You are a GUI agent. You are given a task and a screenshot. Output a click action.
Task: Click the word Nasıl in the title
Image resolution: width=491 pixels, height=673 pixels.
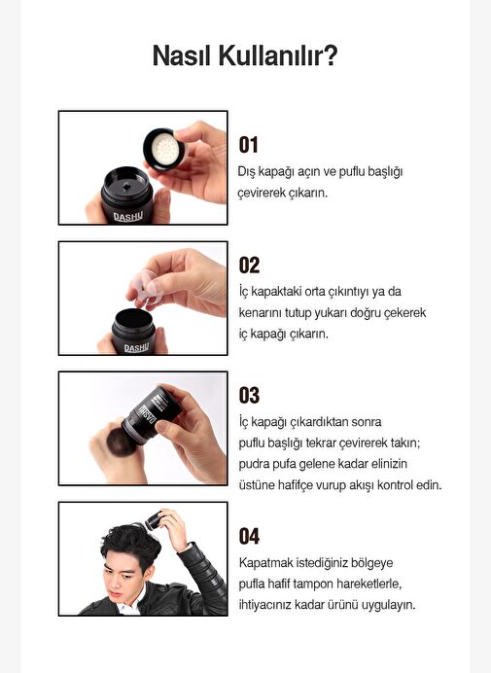pos(182,55)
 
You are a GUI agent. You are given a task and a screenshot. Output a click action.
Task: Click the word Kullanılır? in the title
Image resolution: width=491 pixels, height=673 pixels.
pos(278,55)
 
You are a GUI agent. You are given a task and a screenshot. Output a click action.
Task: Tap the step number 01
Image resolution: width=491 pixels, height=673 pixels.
pos(249,145)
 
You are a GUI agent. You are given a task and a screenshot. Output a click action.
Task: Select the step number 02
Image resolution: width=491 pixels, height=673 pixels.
pos(249,266)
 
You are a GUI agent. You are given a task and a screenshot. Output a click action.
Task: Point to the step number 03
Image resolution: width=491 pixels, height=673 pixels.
pos(249,395)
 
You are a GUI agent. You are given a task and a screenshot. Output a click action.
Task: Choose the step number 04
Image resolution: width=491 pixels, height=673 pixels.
pos(249,536)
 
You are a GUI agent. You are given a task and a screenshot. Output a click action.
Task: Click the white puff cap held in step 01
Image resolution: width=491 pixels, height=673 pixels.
pos(164,149)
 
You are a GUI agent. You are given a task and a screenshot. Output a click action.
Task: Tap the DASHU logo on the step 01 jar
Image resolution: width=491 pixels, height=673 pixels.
pos(128,217)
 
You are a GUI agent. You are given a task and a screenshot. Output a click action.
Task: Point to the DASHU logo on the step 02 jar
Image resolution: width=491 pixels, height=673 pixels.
pos(136,347)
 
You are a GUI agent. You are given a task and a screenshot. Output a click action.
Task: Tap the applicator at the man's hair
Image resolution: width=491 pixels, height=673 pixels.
pos(154,520)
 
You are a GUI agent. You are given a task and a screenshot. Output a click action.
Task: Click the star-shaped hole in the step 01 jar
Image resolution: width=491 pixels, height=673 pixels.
pos(126,186)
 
